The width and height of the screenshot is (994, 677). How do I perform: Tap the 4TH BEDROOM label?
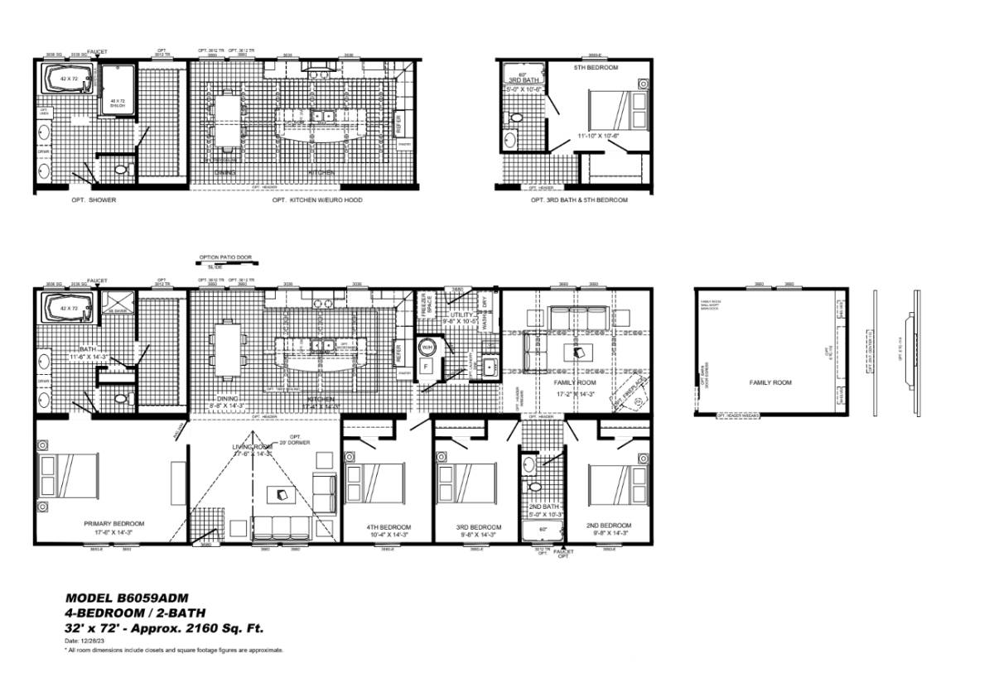point(388,527)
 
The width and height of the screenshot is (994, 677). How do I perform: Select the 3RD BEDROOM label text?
point(479,527)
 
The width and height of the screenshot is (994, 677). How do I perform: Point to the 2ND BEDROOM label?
point(608,526)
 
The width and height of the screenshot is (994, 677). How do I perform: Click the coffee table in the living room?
point(282,495)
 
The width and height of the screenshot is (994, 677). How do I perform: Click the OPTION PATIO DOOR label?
point(225,257)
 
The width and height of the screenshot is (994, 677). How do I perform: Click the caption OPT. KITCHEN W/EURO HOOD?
point(317,199)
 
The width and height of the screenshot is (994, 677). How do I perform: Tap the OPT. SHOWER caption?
point(94,199)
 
